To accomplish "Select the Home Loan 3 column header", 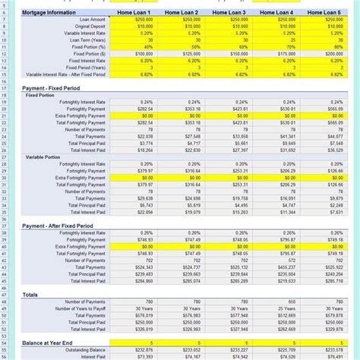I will (229, 13).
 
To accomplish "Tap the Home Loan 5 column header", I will (324, 13).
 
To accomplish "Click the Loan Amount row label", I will (90, 20).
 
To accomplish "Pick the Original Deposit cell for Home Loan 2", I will (182, 27).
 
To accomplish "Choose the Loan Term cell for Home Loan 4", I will (276, 40).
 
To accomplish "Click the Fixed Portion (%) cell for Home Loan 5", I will (324, 47).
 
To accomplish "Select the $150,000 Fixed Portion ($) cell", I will (229, 55).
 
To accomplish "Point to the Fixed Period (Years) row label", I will (84, 68).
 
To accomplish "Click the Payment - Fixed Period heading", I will (50, 88).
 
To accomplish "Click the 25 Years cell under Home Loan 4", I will (276, 308).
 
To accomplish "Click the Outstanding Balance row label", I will (84, 349).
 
